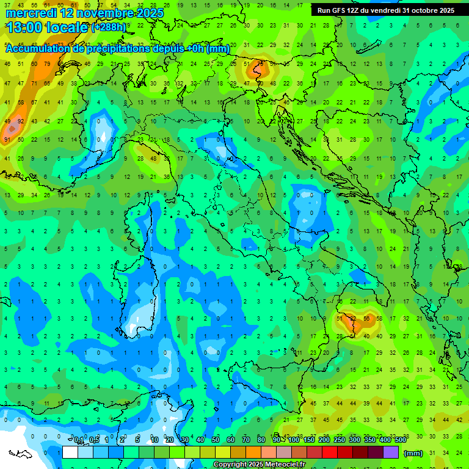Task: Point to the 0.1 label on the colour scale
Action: point(78,440)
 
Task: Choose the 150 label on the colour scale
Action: point(309,440)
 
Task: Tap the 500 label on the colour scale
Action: point(401,440)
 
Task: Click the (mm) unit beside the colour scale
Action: point(413,453)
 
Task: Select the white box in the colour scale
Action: point(70,453)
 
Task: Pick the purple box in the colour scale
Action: point(391,453)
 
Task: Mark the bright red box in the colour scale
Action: point(330,453)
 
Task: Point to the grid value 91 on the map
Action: point(7,140)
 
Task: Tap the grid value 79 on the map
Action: point(46,64)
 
